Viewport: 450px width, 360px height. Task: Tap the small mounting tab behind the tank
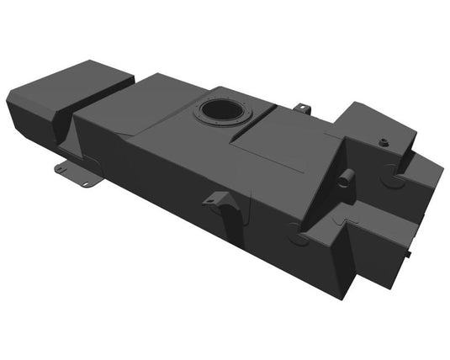point(304,109)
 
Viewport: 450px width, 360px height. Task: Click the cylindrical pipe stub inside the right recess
point(345,178)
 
